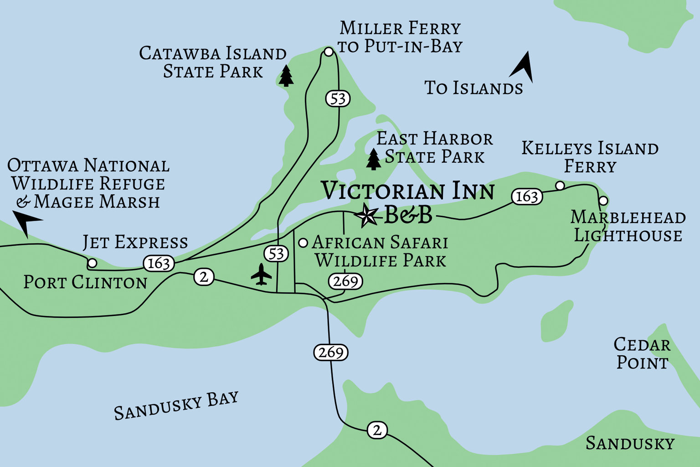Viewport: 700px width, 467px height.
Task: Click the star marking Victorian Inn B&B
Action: tap(367, 215)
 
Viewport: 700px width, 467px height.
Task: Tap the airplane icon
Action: tap(261, 274)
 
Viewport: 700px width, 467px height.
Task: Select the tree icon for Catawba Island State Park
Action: tap(286, 76)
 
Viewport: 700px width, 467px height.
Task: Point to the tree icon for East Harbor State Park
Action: tap(374, 159)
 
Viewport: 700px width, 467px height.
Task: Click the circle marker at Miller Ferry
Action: tap(329, 52)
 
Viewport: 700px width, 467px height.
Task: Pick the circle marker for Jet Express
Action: tap(92, 263)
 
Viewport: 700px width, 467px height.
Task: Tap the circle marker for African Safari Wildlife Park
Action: tap(303, 243)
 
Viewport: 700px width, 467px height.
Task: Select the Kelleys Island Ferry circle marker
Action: tap(560, 186)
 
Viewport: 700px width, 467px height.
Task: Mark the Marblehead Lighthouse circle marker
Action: tap(603, 201)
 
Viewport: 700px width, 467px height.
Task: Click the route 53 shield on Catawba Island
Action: tap(338, 99)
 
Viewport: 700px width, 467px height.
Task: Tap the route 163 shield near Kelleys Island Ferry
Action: tap(527, 197)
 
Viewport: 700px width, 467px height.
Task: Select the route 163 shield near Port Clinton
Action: tap(159, 263)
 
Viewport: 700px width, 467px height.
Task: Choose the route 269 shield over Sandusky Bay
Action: tap(331, 352)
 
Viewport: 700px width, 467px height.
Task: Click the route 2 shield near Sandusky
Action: tap(377, 430)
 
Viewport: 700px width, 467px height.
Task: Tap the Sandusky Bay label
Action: tap(176, 405)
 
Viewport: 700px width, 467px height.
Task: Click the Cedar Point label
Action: tap(642, 353)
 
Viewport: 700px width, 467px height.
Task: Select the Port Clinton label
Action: tap(85, 282)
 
